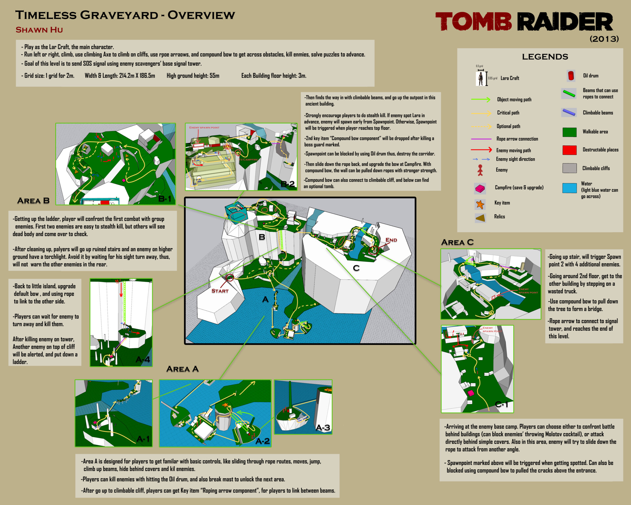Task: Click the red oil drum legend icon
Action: tap(571, 76)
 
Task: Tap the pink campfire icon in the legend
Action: tap(480, 188)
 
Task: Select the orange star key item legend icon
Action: tap(480, 204)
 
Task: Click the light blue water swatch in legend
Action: tap(569, 188)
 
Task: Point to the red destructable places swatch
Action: tap(569, 150)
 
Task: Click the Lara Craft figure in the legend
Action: tap(480, 79)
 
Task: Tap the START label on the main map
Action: tap(220, 291)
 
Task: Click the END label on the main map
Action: tap(391, 240)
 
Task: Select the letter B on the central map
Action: tap(262, 237)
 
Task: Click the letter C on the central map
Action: tap(356, 268)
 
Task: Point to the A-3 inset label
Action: tap(323, 427)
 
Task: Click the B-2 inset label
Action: tap(288, 184)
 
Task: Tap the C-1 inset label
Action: tap(502, 404)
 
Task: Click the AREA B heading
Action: tap(33, 201)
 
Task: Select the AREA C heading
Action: tap(457, 242)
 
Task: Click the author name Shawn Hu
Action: tap(39, 30)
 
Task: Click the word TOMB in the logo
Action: tap(473, 22)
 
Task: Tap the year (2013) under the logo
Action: tap(604, 39)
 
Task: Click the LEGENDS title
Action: tap(545, 57)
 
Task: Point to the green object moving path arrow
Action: tap(480, 99)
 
